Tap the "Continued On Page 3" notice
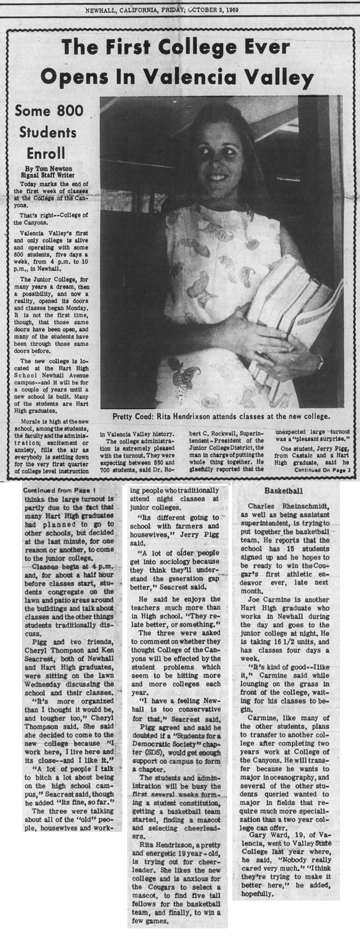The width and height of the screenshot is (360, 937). click(x=323, y=469)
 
